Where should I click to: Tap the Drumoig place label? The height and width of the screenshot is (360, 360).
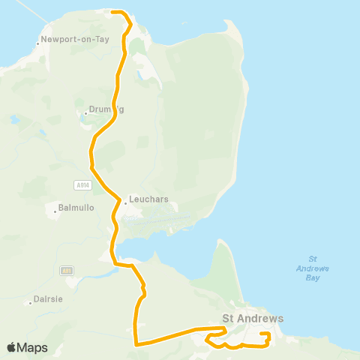[x=106, y=109]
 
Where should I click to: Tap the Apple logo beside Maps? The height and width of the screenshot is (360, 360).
[x=11, y=347]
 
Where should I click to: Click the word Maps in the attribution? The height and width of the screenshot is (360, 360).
[x=32, y=348]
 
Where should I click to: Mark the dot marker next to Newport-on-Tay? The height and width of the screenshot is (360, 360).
[x=37, y=43]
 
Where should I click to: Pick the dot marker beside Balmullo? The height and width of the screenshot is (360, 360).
[x=55, y=212]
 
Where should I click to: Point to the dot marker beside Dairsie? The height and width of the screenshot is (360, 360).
[x=30, y=303]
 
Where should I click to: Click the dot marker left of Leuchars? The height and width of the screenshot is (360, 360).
[x=125, y=202]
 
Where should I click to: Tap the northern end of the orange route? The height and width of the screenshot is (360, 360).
[x=112, y=12]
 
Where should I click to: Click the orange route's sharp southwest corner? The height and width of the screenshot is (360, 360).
[x=135, y=344]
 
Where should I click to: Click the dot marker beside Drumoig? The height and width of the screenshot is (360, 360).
[x=85, y=114]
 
